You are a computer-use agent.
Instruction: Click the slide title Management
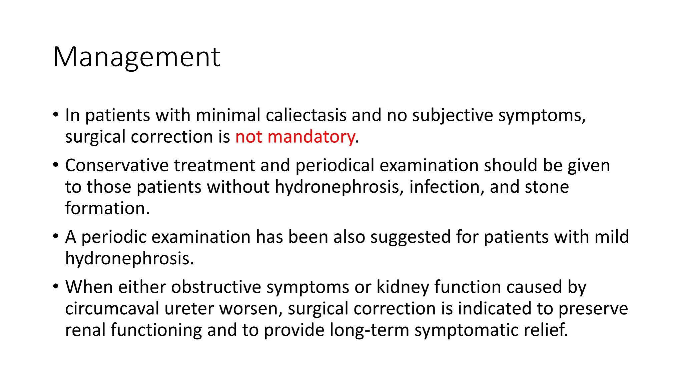tap(136, 57)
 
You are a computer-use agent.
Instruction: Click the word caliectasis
tap(306, 115)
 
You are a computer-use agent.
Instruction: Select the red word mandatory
tap(311, 137)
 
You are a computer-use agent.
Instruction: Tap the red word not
tap(248, 137)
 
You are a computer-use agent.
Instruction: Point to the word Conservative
tap(117, 165)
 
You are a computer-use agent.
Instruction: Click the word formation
tap(107, 208)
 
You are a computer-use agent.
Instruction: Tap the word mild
tap(612, 237)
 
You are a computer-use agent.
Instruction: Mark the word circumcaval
tap(112, 309)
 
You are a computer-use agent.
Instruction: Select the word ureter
tap(189, 309)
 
